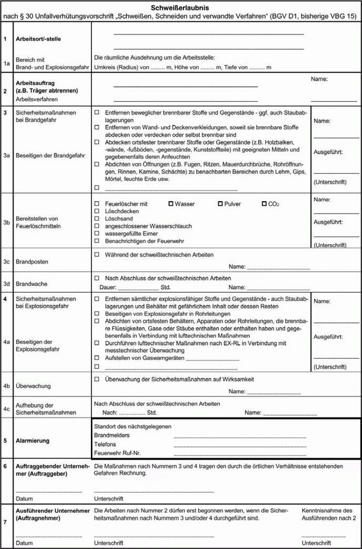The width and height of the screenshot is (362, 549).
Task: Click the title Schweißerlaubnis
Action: (x=181, y=7)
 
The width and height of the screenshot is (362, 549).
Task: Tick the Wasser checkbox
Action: (x=171, y=203)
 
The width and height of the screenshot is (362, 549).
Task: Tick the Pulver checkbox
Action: (x=220, y=203)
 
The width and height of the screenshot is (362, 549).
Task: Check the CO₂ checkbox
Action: (x=264, y=203)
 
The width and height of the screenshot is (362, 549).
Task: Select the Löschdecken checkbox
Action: (x=97, y=211)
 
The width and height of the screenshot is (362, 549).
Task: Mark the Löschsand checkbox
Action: (x=97, y=218)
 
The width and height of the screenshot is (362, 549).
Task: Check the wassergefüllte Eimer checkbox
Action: (x=97, y=233)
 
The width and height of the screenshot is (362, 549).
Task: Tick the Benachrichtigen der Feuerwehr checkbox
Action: (x=97, y=241)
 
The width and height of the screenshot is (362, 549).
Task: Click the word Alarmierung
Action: (x=36, y=440)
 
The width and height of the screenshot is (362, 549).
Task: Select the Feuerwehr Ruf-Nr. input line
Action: (x=240, y=453)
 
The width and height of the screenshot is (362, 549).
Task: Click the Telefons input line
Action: (x=240, y=445)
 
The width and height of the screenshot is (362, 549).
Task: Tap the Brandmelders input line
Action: (x=240, y=436)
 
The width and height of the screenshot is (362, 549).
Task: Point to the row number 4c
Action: (x=7, y=408)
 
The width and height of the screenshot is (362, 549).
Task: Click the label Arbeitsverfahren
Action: (x=36, y=99)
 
